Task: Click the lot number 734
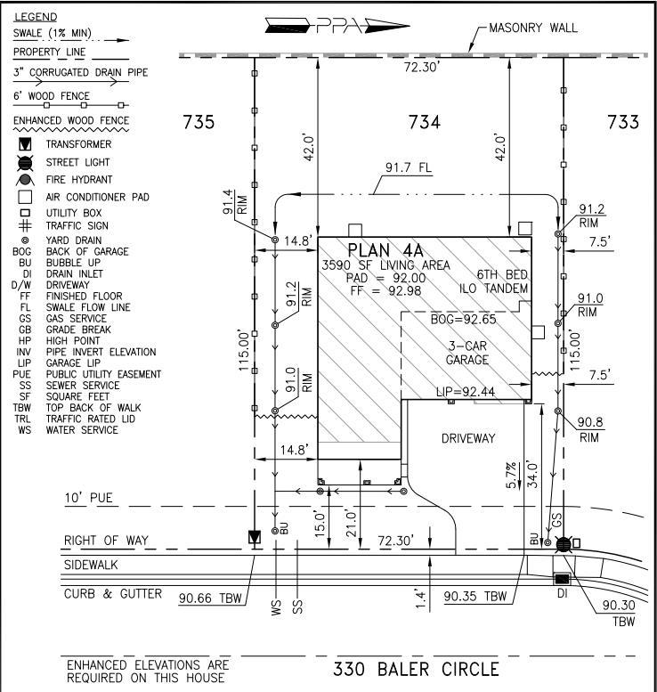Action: click(x=424, y=123)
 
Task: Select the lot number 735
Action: click(x=199, y=123)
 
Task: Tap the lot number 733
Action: click(x=622, y=123)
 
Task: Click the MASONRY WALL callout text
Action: click(x=533, y=28)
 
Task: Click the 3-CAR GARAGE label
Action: click(x=466, y=354)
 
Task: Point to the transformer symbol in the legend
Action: click(x=26, y=144)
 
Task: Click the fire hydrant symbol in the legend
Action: click(x=26, y=179)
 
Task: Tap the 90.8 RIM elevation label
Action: click(x=589, y=430)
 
